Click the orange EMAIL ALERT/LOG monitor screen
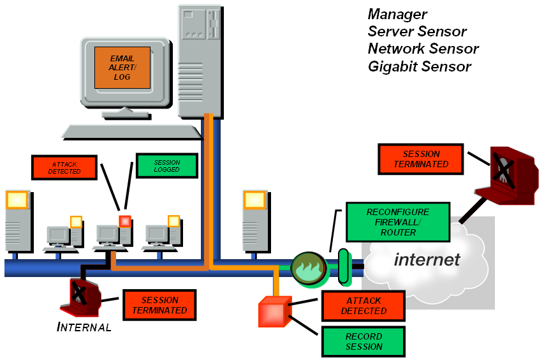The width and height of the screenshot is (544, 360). (x=122, y=68)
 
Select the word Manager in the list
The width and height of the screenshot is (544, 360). (x=397, y=14)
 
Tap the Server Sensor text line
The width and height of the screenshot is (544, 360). (x=417, y=31)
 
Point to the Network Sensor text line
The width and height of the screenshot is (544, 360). (x=423, y=49)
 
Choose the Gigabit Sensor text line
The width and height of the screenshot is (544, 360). (x=419, y=66)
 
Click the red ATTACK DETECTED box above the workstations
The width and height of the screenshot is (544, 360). (x=64, y=167)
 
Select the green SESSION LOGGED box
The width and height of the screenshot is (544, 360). (x=167, y=166)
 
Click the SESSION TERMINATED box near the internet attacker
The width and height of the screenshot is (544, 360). (x=421, y=159)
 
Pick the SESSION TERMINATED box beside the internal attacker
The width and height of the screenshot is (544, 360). (x=159, y=305)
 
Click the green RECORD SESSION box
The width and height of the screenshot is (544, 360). (x=364, y=341)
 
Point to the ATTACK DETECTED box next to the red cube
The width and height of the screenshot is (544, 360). (x=364, y=306)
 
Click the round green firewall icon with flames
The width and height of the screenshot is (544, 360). (x=309, y=267)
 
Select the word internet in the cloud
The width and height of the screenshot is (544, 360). (x=427, y=259)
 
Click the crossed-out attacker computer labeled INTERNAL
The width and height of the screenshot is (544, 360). (x=81, y=294)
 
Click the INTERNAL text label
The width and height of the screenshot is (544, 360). (x=84, y=327)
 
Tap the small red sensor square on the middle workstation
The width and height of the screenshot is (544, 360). (x=124, y=221)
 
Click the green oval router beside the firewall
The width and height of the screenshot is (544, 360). (x=341, y=266)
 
